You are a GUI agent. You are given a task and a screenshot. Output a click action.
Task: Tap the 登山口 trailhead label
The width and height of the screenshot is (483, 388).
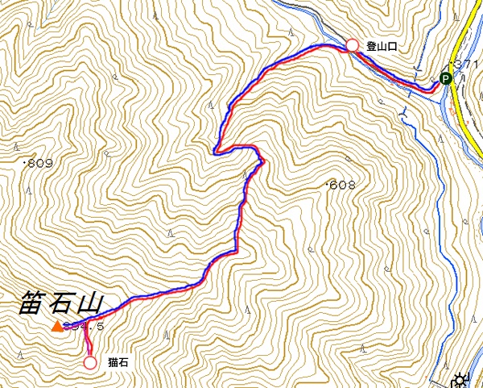click(382, 47)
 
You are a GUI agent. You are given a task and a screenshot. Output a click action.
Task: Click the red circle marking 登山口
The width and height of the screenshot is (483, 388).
click(352, 46)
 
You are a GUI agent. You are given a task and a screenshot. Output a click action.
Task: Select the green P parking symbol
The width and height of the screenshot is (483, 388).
click(445, 78)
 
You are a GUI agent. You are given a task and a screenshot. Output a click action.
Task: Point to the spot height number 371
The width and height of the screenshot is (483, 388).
click(466, 64)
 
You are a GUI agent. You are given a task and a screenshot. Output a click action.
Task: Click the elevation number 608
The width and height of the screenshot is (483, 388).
click(342, 186)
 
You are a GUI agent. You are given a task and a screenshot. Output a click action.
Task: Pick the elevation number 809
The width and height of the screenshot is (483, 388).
click(39, 163)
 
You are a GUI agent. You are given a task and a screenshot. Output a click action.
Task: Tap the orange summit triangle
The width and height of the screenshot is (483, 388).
click(57, 327)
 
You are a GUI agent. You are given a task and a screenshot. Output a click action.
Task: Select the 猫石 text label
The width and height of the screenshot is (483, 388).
click(117, 363)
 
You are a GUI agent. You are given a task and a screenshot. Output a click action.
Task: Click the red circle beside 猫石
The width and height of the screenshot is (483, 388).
click(90, 363)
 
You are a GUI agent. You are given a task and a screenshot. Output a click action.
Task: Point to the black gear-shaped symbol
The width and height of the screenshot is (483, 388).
click(461, 380)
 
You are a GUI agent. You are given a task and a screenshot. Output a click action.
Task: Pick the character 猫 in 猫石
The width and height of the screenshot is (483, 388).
click(112, 363)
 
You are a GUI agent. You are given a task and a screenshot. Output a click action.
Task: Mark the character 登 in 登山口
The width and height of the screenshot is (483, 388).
click(372, 47)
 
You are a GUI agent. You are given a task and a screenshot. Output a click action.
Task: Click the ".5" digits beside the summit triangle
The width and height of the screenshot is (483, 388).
click(97, 327)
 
